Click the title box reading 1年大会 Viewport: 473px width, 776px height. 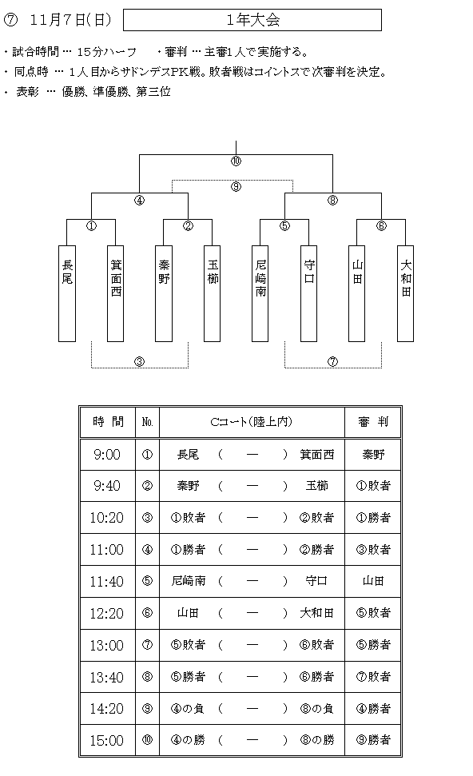(252, 20)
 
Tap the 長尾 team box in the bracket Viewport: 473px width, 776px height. (67, 293)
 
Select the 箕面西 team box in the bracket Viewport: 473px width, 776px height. (116, 293)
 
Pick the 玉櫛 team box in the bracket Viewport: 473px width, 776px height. (213, 293)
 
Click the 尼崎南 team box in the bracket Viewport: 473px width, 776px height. (260, 293)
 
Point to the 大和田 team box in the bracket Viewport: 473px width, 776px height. (406, 293)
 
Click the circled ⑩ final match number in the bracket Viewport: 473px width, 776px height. (236, 161)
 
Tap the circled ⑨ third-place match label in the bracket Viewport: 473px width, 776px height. (236, 186)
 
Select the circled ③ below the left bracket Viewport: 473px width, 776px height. (140, 362)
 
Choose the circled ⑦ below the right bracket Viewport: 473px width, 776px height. (333, 362)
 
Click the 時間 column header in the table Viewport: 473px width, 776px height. (108, 422)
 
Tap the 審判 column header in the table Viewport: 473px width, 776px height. (372, 422)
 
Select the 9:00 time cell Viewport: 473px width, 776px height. (107, 454)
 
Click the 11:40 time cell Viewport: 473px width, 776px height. (107, 582)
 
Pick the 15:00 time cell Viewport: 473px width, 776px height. (107, 740)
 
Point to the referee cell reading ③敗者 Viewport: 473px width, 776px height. (372, 549)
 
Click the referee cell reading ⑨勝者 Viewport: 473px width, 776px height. (372, 740)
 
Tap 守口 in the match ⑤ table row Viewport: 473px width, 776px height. (316, 581)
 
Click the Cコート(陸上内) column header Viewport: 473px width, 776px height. (252, 422)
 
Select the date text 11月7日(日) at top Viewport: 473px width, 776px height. (71, 20)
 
